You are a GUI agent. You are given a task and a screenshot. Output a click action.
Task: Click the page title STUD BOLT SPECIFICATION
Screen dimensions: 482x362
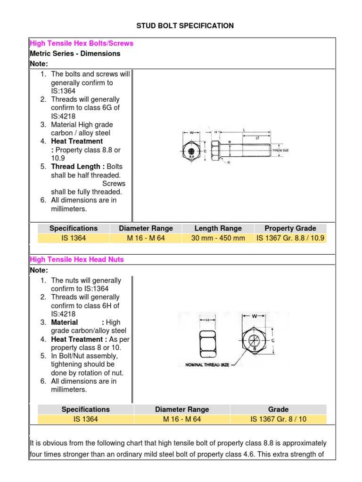point(185,25)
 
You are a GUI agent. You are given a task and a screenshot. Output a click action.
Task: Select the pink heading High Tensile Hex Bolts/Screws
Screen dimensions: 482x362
point(82,43)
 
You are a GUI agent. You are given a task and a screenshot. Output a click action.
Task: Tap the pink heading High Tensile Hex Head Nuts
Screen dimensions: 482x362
point(77,259)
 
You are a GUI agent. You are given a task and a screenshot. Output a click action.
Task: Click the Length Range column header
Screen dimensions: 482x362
point(218,228)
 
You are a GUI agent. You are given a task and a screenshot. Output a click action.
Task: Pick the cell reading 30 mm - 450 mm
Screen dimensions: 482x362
point(218,238)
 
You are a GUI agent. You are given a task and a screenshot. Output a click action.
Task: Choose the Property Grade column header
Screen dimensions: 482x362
point(290,228)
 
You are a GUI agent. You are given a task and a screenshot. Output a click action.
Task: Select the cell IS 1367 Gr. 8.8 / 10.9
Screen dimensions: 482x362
point(290,238)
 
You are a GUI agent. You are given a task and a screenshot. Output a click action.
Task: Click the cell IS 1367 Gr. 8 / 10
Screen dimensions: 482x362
point(278,419)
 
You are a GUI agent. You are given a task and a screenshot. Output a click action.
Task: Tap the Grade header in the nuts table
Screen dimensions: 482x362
point(278,409)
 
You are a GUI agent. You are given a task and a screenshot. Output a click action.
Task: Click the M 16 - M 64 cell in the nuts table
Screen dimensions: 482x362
point(182,419)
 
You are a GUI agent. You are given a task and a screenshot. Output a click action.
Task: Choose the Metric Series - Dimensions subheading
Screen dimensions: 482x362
point(75,54)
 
